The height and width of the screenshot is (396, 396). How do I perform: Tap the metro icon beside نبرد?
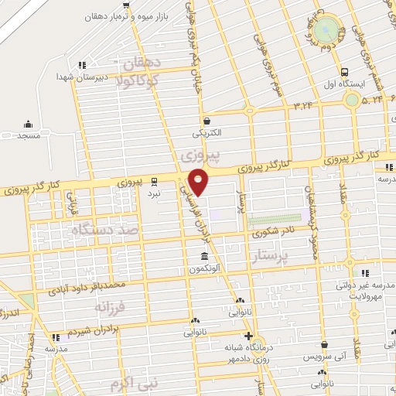pyautogui.click(x=154, y=182)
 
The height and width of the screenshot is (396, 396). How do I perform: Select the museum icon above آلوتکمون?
pyautogui.click(x=204, y=257)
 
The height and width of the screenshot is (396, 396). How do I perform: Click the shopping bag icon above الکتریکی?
pyautogui.click(x=207, y=121)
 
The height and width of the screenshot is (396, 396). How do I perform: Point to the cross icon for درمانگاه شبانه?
pyautogui.click(x=247, y=336)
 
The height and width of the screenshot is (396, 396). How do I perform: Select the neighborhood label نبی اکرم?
pyautogui.click(x=128, y=383)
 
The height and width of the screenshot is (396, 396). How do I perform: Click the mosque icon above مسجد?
pyautogui.click(x=29, y=124)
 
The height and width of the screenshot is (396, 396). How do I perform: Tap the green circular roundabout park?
pyautogui.click(x=330, y=30)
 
